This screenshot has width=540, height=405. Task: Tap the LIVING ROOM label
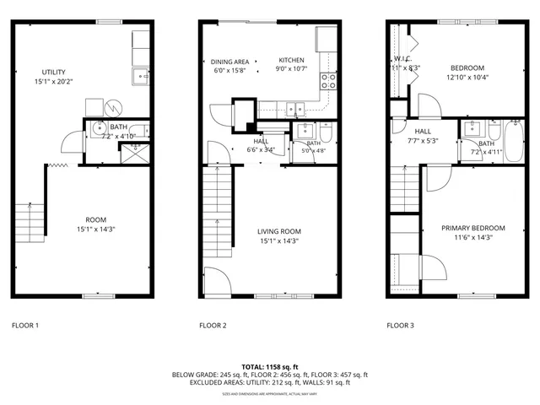[x=278, y=230]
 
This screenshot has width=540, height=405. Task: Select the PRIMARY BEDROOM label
[x=473, y=228]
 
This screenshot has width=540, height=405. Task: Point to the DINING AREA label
[x=229, y=62]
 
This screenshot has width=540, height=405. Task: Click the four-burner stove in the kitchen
[x=328, y=81]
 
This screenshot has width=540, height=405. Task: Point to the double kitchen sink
[x=294, y=107]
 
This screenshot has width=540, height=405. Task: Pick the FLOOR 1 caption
[x=25, y=325]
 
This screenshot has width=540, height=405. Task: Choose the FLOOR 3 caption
[x=400, y=325]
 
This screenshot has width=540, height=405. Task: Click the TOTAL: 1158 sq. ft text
[x=270, y=366]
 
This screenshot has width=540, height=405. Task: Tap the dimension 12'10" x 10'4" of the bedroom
[x=467, y=78]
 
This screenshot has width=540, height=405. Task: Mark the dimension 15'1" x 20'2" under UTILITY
[x=54, y=83]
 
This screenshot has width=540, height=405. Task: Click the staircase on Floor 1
[x=30, y=220]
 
